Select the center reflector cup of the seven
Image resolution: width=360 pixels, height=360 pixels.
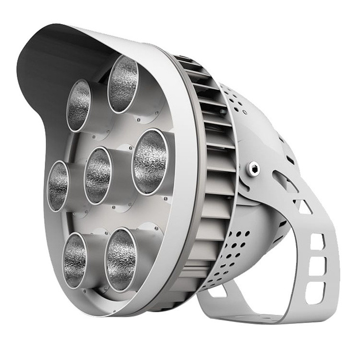click(98, 175)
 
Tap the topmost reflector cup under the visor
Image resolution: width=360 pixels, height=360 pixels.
click(123, 84)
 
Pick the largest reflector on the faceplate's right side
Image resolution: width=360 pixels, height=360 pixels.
click(150, 162)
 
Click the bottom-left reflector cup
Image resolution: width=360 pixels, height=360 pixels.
click(75, 260)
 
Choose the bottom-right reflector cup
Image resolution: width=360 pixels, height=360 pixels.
click(120, 260)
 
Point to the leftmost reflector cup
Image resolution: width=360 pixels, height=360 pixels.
click(58, 186)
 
